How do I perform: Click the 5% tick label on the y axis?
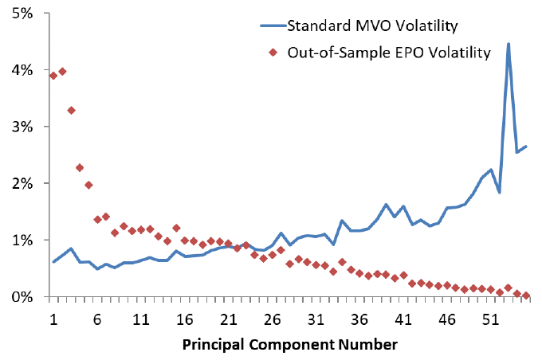click(x=22, y=14)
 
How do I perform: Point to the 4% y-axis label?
click(x=22, y=70)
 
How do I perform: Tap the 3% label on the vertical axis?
click(x=22, y=127)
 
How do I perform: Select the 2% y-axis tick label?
click(x=22, y=184)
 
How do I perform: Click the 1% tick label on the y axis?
click(x=22, y=241)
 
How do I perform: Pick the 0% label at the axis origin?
click(x=22, y=297)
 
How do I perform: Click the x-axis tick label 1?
click(x=53, y=319)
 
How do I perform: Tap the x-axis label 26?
click(x=272, y=319)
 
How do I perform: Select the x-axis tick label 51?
click(x=490, y=319)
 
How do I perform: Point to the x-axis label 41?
click(x=403, y=319)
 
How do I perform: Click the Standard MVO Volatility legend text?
click(x=373, y=26)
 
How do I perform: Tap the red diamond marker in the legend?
click(x=273, y=53)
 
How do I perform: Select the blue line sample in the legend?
click(x=273, y=25)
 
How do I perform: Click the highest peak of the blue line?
click(x=509, y=44)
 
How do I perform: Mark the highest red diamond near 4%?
click(x=62, y=72)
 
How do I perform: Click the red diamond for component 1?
click(x=53, y=76)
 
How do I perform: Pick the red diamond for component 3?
click(x=71, y=111)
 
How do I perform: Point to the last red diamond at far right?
click(x=526, y=295)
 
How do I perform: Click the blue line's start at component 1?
click(x=53, y=262)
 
